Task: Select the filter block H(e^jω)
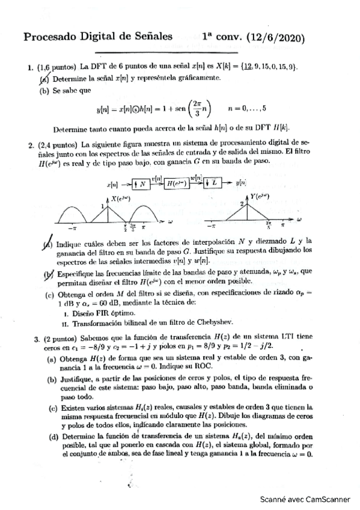coord(174,183)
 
